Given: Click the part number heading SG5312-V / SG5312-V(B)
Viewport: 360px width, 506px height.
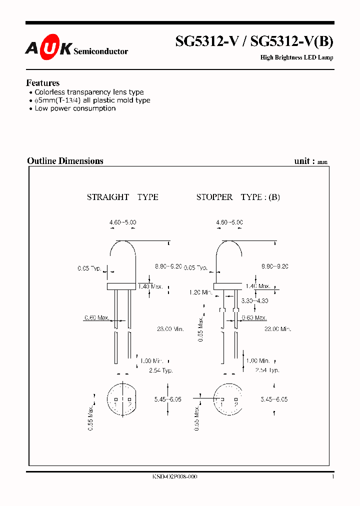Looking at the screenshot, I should (x=254, y=42).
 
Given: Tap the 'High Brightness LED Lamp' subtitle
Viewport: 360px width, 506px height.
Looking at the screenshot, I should (x=296, y=57).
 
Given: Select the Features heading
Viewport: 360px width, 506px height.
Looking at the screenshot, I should (x=42, y=83).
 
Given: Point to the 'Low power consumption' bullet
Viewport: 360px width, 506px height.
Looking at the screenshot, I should (x=75, y=108).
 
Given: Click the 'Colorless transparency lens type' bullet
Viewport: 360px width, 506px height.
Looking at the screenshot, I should (x=89, y=92).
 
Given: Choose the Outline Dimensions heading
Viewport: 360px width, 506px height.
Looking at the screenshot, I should (x=65, y=161).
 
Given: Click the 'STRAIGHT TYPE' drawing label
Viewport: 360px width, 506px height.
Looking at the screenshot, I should (x=122, y=197).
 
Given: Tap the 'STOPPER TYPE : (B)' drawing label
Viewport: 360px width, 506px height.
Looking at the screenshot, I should (x=238, y=197).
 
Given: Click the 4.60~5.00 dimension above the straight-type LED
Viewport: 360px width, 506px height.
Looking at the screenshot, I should (x=122, y=222).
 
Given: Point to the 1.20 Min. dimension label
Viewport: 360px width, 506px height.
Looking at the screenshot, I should (x=200, y=292).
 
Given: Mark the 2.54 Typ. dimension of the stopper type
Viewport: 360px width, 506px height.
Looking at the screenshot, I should (x=267, y=370).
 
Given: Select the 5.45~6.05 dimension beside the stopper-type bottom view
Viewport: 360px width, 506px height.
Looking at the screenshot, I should (x=273, y=399).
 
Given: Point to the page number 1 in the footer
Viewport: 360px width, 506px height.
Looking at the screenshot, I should (x=332, y=477).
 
